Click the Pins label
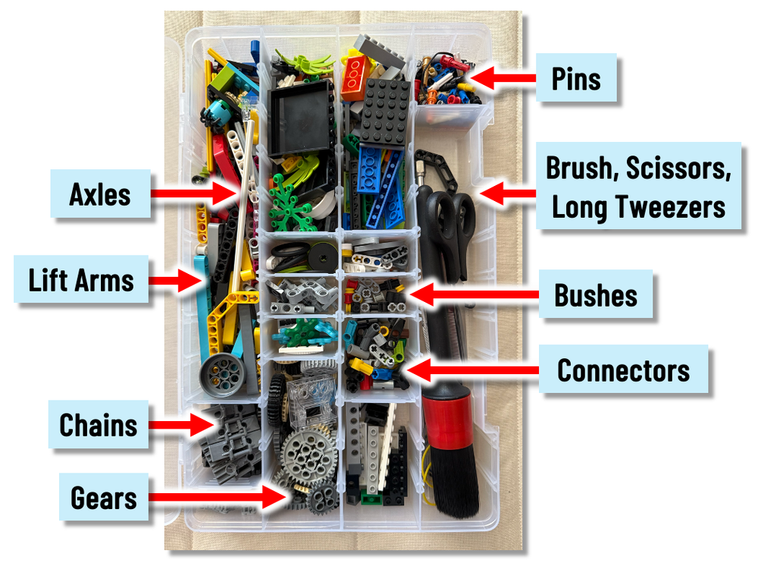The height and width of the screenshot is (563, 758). pyautogui.click(x=576, y=78)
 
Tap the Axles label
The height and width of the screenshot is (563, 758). pyautogui.click(x=100, y=194)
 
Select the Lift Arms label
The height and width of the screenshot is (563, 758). pyautogui.click(x=81, y=279)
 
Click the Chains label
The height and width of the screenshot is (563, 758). pyautogui.click(x=98, y=425)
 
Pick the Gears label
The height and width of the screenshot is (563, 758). pyautogui.click(x=103, y=497)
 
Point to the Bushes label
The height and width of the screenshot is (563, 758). pyautogui.click(x=596, y=294)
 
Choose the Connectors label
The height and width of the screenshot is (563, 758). pyautogui.click(x=623, y=370)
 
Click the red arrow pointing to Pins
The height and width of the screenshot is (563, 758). pyautogui.click(x=503, y=78)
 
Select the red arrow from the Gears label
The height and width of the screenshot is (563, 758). pyautogui.click(x=217, y=496)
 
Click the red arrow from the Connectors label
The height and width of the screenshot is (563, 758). pyautogui.click(x=473, y=370)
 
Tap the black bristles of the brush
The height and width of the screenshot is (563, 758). pyautogui.click(x=453, y=480)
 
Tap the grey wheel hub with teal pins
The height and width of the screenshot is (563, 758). pyautogui.click(x=223, y=376)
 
